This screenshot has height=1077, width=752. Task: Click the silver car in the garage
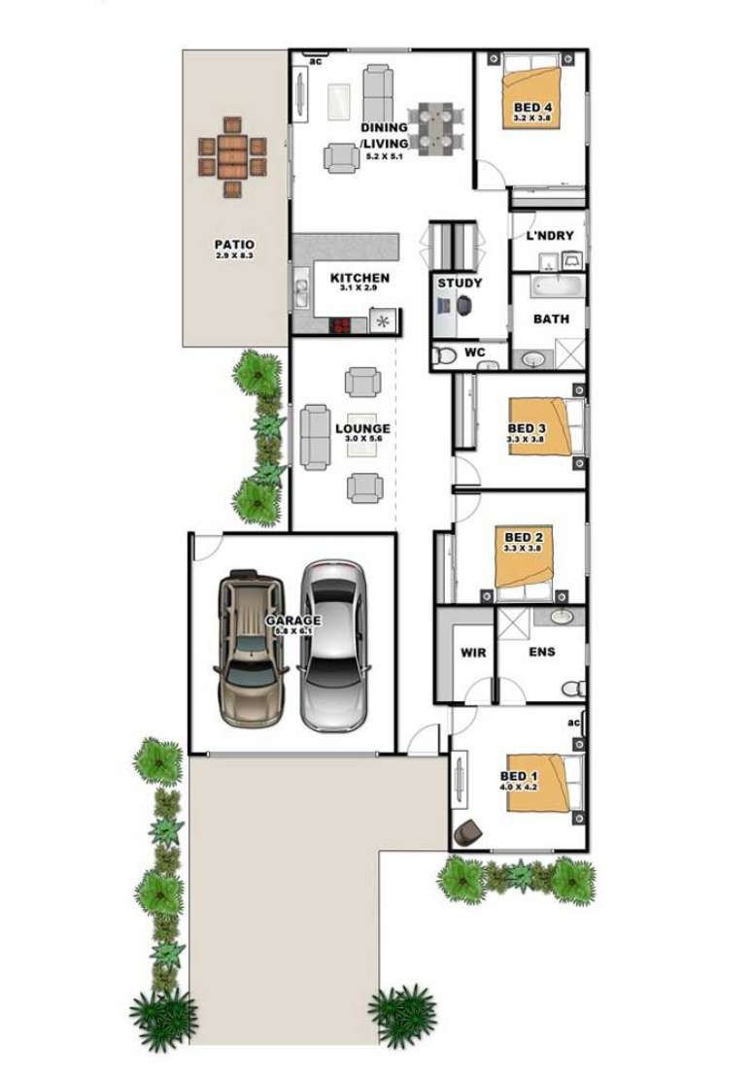333,645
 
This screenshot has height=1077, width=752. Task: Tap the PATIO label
234,245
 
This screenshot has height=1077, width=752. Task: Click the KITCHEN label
359,278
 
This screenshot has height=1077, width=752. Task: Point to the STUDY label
460,283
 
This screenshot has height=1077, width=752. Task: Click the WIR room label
473,653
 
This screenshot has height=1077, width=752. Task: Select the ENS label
542,652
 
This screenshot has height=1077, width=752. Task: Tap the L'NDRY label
550,235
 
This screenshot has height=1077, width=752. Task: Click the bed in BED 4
532,96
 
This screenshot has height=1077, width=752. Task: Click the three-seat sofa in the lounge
315,436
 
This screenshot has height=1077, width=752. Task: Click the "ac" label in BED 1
573,724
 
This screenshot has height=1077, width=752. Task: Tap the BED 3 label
528,428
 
